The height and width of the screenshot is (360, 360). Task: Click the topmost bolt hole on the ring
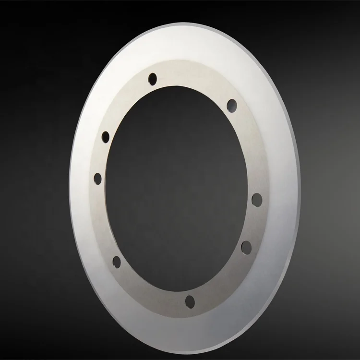tap(153, 78)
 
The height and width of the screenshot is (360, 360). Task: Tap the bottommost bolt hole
tap(190, 301)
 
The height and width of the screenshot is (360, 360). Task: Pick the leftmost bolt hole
tap(98, 179)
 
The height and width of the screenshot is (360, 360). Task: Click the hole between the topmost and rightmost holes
tap(232, 104)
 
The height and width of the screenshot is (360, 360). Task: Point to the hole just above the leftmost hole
tap(106, 137)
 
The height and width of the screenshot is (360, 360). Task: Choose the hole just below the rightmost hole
tap(246, 247)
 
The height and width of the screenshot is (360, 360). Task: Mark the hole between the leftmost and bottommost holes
tap(117, 261)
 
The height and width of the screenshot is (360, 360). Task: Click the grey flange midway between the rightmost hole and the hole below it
tap(252, 224)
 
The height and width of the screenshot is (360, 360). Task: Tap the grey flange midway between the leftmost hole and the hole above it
tap(101, 157)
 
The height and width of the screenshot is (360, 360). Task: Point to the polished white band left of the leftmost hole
tap(82, 179)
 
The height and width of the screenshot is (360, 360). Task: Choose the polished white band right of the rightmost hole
tap(281, 199)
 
